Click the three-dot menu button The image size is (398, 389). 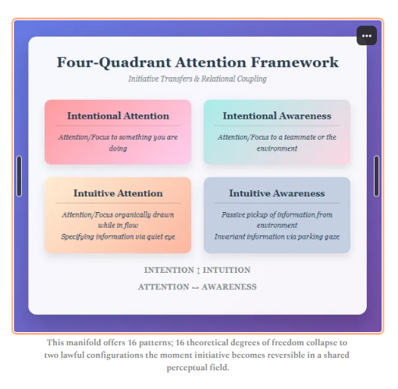click(x=368, y=36)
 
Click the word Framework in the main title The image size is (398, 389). click(x=300, y=62)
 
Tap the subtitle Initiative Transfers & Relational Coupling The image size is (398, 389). click(x=197, y=79)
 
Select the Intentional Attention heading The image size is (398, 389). click(x=118, y=115)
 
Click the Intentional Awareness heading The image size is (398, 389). click(x=277, y=115)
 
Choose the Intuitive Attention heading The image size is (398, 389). click(x=118, y=193)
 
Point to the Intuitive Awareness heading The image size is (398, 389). click(x=277, y=193)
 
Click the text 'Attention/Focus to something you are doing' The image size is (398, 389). click(x=118, y=142)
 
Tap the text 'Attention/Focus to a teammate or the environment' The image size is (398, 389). click(x=277, y=142)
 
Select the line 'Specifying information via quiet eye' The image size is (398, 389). click(x=118, y=235)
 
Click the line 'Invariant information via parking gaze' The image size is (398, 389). click(x=277, y=235)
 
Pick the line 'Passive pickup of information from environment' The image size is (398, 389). click(x=277, y=218)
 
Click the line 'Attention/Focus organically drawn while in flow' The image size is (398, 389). click(x=118, y=218)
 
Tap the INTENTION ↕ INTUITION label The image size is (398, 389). click(x=197, y=270)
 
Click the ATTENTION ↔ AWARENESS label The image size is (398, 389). click(x=197, y=286)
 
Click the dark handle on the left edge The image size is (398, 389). click(x=20, y=175)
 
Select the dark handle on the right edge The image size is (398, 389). click(x=377, y=175)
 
